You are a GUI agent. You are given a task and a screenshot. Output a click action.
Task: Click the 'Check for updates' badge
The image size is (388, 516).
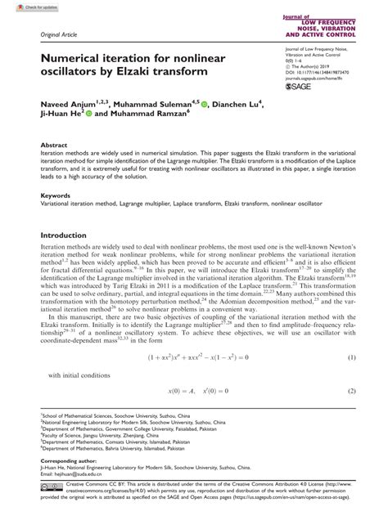[x=23, y=6]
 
